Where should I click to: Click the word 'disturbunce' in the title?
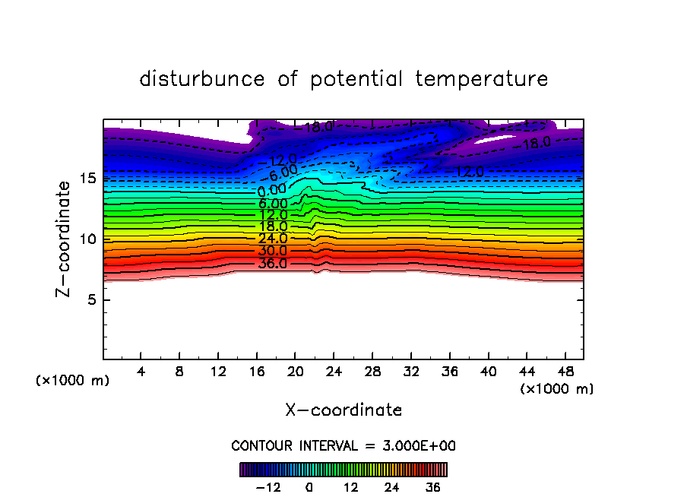click(x=202, y=79)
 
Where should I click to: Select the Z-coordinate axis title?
click(x=67, y=238)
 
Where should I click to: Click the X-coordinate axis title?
click(x=343, y=410)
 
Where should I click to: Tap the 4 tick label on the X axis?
click(x=141, y=373)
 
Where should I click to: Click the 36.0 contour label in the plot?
click(x=273, y=264)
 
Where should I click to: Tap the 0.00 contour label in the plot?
click(x=272, y=189)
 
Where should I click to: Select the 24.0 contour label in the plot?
click(x=273, y=238)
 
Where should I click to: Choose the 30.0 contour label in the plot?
click(x=273, y=251)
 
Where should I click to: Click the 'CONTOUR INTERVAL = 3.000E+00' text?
click(x=343, y=446)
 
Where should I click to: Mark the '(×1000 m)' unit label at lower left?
click(x=73, y=381)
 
